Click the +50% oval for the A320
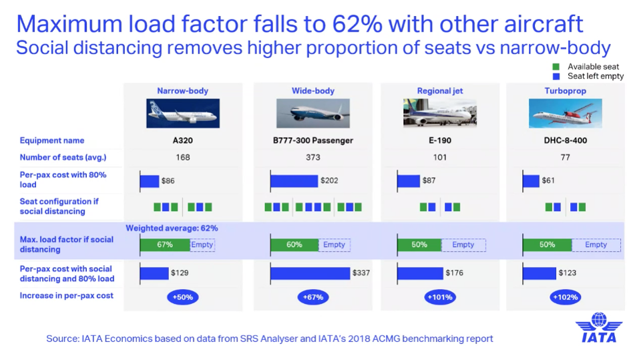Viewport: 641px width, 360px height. (x=182, y=297)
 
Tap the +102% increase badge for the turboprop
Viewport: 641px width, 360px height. (x=566, y=297)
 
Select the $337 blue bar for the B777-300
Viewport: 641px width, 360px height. (x=310, y=273)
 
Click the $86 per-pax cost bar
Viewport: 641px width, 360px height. (x=150, y=181)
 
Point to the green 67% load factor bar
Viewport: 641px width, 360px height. (x=165, y=245)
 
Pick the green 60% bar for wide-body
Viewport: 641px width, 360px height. (x=294, y=245)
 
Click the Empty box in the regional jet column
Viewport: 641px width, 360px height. (x=463, y=245)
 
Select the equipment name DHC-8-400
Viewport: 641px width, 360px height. (x=566, y=140)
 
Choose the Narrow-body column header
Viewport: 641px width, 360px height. (x=182, y=91)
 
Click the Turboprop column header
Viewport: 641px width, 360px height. (x=566, y=91)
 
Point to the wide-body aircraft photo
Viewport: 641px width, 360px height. (x=313, y=113)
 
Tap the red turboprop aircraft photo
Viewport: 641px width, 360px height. (x=566, y=113)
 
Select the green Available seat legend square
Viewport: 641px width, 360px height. (x=556, y=67)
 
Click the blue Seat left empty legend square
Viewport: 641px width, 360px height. (x=556, y=76)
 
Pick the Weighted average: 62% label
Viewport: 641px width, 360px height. (x=172, y=228)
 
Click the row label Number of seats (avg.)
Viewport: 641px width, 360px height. (x=63, y=158)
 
